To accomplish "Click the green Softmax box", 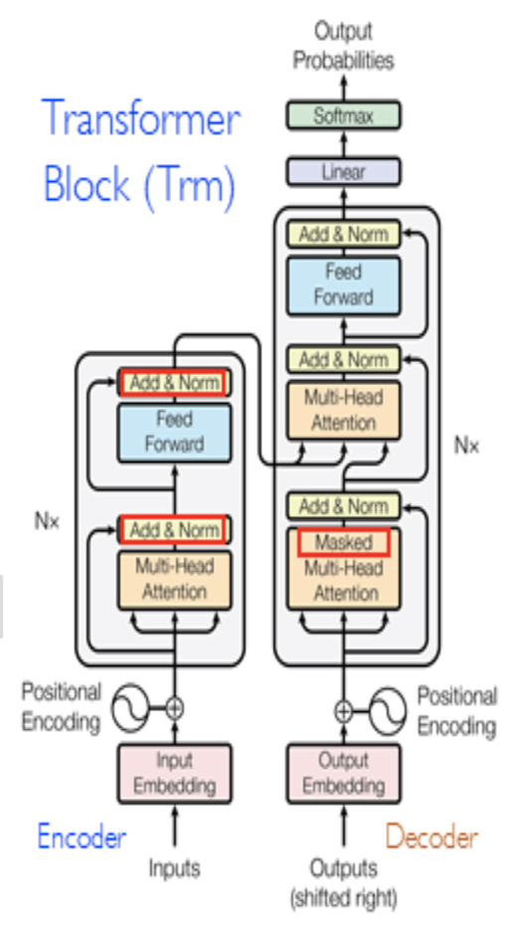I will click(343, 115).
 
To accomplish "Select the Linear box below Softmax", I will click(343, 172).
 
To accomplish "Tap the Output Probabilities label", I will click(343, 46).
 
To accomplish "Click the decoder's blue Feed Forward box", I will click(343, 283).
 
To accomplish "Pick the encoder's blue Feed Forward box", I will click(174, 432).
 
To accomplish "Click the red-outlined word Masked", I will click(343, 543).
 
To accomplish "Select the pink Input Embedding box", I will click(174, 774).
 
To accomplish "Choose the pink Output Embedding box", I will click(343, 774).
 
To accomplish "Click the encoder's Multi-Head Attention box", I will click(174, 579).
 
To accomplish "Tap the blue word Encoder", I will click(82, 836).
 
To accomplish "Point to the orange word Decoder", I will click(431, 836).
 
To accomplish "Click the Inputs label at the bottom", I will click(174, 867).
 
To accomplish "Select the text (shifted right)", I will click(343, 898).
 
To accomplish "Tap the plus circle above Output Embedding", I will click(343, 710).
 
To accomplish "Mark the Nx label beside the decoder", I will click(467, 445).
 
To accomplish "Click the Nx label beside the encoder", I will click(47, 520).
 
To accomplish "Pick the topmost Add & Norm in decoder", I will click(343, 235).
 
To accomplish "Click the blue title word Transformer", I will click(140, 119).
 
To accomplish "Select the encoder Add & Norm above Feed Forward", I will click(174, 383).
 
